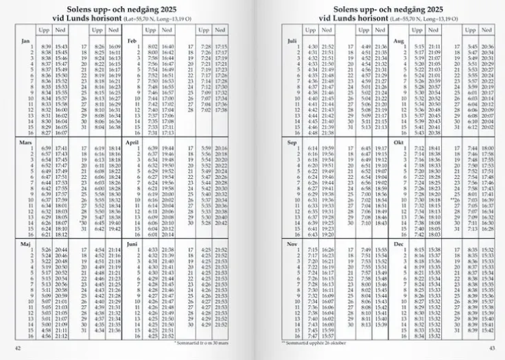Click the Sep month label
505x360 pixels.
[292, 143]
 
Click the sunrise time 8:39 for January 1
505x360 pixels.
[46, 46]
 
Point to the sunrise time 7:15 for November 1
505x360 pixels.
[312, 249]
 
